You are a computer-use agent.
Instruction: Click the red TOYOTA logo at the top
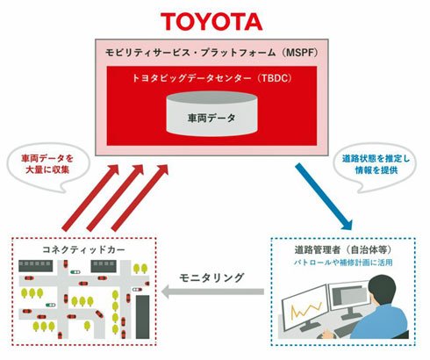tap(211, 22)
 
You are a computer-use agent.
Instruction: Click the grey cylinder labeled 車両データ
tap(211, 114)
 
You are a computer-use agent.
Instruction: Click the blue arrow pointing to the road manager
tap(324, 196)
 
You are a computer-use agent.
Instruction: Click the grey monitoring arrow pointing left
tap(212, 292)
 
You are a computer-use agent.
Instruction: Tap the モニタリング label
tap(211, 277)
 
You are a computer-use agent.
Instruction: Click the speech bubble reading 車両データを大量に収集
tap(47, 167)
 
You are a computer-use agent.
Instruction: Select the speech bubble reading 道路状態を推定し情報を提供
tap(376, 166)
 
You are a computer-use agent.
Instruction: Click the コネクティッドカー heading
tap(83, 249)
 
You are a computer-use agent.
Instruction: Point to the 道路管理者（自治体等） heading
tap(343, 249)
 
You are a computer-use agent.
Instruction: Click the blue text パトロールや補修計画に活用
tap(343, 263)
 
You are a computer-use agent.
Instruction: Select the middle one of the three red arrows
tap(115, 198)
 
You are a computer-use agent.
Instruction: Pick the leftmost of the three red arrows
tap(90, 198)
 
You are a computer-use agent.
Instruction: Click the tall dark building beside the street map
tap(142, 317)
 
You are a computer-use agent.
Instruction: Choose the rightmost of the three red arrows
tap(140, 198)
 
